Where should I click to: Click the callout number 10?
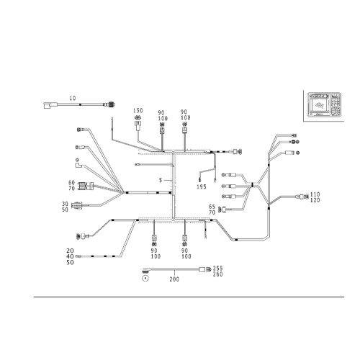click(73, 98)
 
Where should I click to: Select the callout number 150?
click(138, 110)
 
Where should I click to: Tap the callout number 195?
click(202, 186)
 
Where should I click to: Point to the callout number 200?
click(174, 279)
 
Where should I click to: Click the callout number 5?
click(161, 180)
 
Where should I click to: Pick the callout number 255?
click(218, 268)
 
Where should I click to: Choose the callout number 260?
click(218, 274)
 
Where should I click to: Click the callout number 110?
click(315, 194)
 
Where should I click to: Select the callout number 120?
click(315, 200)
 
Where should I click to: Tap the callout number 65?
click(212, 207)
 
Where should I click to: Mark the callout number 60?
click(71, 183)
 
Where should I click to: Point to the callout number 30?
click(65, 204)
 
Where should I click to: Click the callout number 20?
click(70, 251)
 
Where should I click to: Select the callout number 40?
click(70, 256)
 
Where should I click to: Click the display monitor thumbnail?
click(324, 105)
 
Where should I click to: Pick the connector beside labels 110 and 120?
click(303, 197)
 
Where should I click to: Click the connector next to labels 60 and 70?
click(86, 186)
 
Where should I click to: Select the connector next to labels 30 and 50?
click(77, 205)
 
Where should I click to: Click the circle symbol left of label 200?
click(145, 279)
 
